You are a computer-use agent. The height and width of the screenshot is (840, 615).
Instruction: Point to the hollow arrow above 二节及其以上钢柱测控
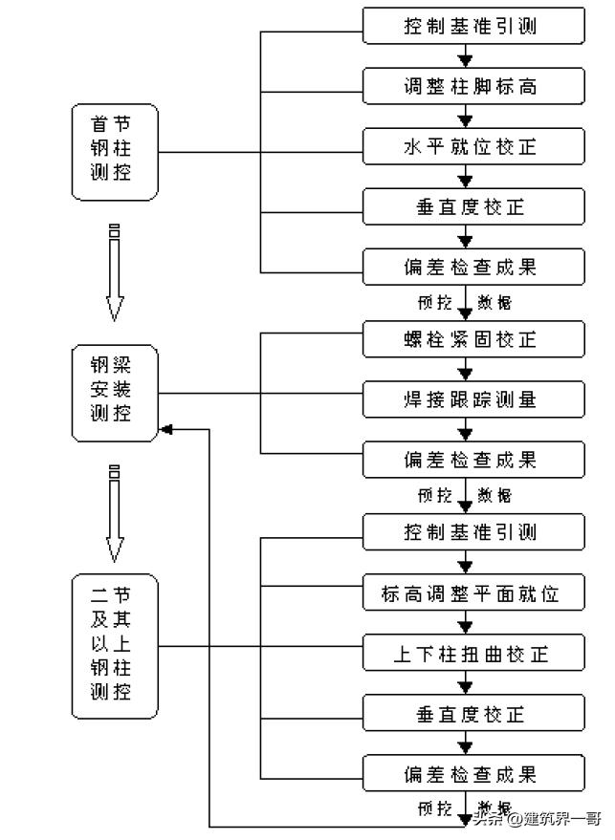tap(115, 513)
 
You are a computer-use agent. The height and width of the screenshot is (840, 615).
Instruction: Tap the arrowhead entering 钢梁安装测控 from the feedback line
tap(166, 429)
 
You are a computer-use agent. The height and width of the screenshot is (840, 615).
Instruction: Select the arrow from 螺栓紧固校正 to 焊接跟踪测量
tap(466, 369)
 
